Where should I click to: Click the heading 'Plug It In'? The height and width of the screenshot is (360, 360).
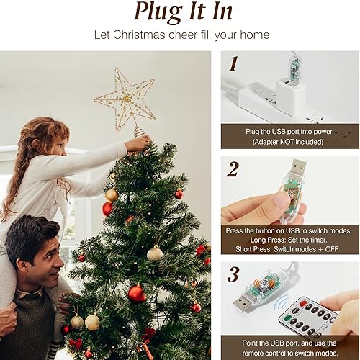tap(184, 12)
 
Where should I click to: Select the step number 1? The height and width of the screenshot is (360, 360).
tap(233, 65)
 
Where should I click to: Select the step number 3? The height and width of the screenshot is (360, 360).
tap(233, 274)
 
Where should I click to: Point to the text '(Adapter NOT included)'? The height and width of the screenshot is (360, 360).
tap(289, 142)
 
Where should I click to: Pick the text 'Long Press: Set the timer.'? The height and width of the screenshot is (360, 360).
tap(289, 241)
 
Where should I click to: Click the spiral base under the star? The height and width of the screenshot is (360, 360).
tap(136, 132)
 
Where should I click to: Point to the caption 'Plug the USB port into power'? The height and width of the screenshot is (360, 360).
tap(289, 131)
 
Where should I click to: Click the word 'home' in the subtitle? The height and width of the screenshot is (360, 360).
tap(256, 35)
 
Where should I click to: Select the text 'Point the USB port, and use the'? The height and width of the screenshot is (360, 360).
tap(289, 343)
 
